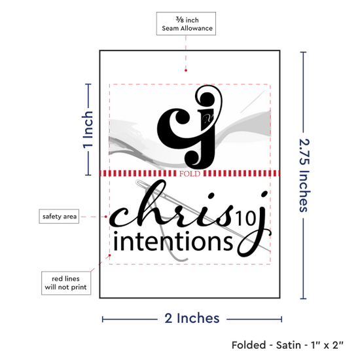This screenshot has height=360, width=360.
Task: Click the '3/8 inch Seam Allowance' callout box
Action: (186, 24)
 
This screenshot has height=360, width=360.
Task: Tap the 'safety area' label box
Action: (59, 216)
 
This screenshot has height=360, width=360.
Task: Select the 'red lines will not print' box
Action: (66, 283)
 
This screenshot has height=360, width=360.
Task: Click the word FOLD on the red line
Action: (190, 173)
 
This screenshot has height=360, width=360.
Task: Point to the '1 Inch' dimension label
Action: (88, 129)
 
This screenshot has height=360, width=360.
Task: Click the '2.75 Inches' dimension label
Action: (304, 175)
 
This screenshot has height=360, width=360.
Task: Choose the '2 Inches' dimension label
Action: (192, 318)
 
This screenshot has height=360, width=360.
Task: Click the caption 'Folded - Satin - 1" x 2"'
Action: (287, 345)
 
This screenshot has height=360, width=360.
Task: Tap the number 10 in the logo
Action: (245, 218)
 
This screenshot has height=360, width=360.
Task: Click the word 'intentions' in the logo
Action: (173, 241)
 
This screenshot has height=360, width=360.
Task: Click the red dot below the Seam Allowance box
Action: (186, 70)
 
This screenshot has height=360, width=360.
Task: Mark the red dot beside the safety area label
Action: (106, 217)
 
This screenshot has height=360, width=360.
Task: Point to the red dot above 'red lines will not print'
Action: (110, 255)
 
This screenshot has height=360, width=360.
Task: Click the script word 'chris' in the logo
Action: (171, 204)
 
